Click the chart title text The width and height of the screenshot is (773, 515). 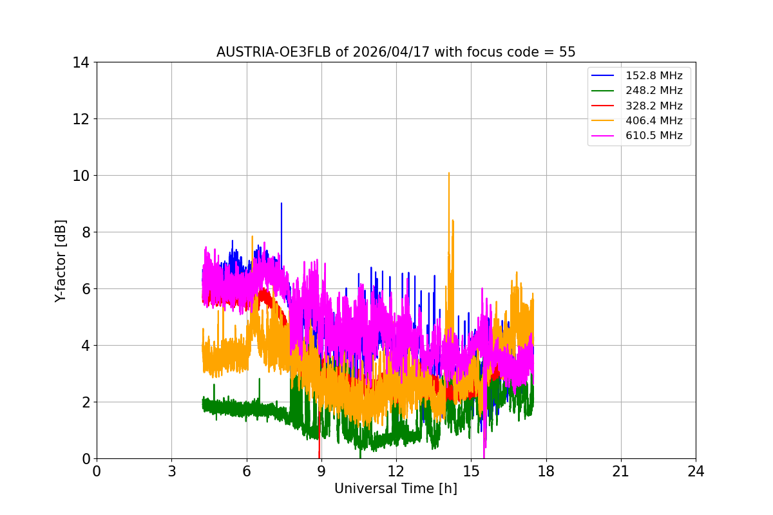tap(396, 52)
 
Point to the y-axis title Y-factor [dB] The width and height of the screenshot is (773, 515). tap(61, 260)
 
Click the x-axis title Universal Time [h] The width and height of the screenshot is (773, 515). tap(396, 489)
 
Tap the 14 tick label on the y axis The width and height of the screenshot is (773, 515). tap(81, 62)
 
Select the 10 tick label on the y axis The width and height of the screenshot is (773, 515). tap(81, 176)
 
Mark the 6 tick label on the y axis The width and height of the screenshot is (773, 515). tap(84, 289)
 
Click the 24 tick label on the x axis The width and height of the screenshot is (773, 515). tap(696, 471)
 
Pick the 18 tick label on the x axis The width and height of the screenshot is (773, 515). tap(546, 471)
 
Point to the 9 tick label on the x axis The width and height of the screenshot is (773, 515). tap(321, 471)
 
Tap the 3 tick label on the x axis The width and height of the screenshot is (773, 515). tap(171, 471)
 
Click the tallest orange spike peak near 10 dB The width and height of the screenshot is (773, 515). tap(449, 173)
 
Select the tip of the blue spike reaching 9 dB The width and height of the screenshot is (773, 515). tap(281, 203)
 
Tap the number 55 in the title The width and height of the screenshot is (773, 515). tap(567, 52)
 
